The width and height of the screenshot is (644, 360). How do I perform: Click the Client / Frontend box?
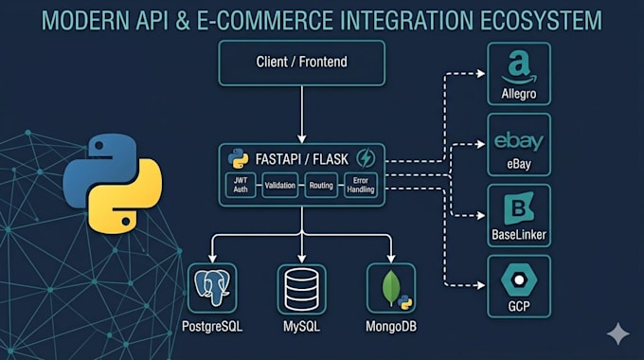[302, 63]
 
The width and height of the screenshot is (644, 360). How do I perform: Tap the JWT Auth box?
[241, 185]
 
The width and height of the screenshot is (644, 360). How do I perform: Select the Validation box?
[279, 186]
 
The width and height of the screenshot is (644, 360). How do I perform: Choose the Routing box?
[321, 186]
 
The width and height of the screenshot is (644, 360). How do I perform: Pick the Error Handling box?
[361, 186]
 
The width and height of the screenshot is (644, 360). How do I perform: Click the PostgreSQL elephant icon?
[212, 288]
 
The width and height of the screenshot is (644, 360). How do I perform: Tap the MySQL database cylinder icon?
[301, 289]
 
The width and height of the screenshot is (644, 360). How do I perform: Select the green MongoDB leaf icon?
[390, 288]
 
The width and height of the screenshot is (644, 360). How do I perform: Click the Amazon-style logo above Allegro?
[519, 67]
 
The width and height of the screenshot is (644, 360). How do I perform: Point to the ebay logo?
[519, 142]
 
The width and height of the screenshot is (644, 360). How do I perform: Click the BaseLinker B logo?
[519, 207]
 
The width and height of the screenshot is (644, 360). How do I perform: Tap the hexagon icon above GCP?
[519, 279]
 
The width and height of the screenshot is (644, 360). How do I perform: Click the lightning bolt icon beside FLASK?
[366, 158]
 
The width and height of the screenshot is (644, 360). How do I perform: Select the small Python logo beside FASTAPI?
[239, 158]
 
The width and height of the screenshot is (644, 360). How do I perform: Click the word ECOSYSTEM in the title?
[541, 21]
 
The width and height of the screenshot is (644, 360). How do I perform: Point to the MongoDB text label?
[391, 327]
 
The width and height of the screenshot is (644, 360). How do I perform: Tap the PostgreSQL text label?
[212, 327]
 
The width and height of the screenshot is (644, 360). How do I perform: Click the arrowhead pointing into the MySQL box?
[302, 258]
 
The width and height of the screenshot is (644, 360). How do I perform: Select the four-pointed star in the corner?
[618, 333]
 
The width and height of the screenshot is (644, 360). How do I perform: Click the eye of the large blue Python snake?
[99, 146]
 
